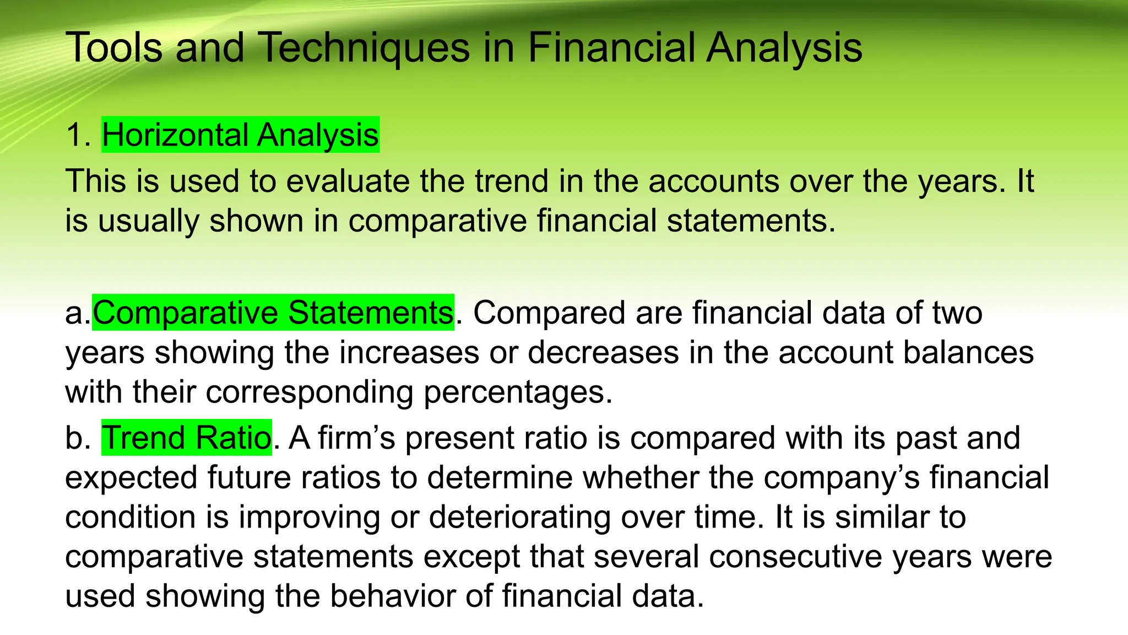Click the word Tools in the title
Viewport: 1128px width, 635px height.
[114, 47]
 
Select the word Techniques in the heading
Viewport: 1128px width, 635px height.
[364, 47]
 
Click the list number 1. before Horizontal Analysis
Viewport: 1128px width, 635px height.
[78, 135]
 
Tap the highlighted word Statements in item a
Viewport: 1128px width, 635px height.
[371, 313]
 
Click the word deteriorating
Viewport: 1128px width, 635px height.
[519, 517]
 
